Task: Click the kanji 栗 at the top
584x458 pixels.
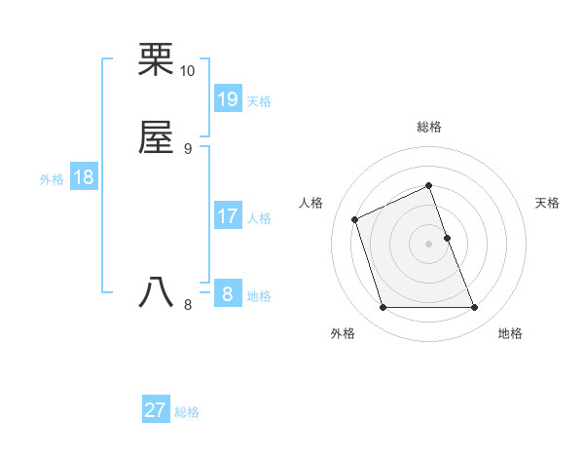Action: tap(157, 61)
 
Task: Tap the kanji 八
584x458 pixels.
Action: tap(157, 292)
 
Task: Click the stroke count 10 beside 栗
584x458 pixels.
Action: tap(188, 71)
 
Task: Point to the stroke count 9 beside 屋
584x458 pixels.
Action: tap(188, 148)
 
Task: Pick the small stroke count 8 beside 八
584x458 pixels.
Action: tap(188, 304)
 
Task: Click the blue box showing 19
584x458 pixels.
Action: tap(228, 98)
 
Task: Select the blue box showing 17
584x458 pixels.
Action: tap(228, 215)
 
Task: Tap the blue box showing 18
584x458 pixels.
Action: tap(84, 177)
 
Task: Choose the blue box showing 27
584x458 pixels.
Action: tap(156, 410)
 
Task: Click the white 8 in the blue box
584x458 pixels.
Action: tap(228, 293)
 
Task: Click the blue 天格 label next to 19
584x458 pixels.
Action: tap(259, 101)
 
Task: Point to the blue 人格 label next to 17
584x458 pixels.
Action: tap(259, 218)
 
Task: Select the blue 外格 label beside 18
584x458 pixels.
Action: tap(52, 179)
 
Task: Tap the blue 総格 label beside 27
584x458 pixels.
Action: tap(187, 412)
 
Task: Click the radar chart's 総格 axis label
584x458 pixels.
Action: tap(429, 127)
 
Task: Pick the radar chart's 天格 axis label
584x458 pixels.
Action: tap(548, 203)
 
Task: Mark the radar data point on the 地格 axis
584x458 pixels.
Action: tap(475, 308)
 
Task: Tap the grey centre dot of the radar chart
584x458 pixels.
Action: tap(429, 244)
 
